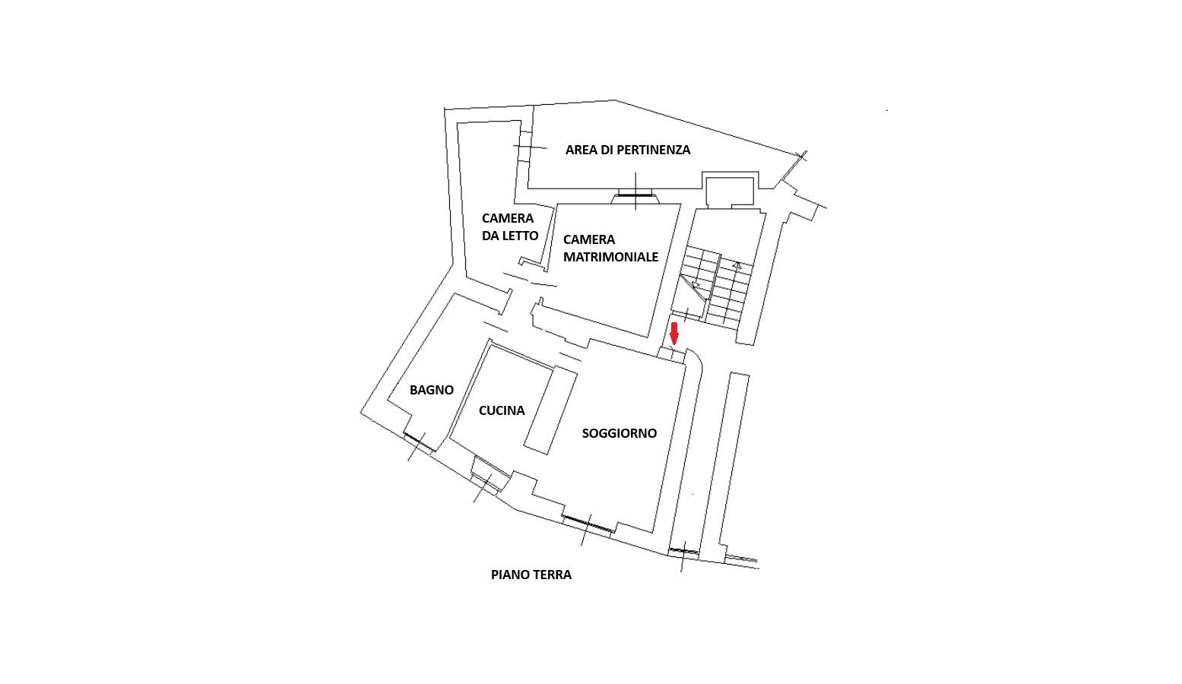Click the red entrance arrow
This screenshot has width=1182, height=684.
pos(673,334)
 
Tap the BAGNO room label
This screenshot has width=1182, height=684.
pos(432,390)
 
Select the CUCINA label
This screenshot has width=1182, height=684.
pos(502,410)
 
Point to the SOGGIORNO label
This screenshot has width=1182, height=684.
pos(620,433)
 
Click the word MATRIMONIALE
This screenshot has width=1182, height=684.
pos(610,257)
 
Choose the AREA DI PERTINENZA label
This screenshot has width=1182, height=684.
pos(628,150)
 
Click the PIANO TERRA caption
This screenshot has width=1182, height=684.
pos(531,575)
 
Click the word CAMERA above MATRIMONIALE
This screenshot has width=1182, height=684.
pos(589,239)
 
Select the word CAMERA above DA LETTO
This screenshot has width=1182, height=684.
pos(508,219)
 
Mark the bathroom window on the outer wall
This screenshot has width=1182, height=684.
pos(420,442)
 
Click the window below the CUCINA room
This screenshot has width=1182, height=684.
pos(485,483)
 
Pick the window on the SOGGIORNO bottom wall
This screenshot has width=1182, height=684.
pos(588,524)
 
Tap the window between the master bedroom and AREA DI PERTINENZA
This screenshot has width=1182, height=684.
pos(635,195)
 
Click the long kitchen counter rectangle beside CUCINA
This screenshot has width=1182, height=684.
pos(550,410)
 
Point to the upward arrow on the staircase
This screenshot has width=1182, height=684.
pos(737,265)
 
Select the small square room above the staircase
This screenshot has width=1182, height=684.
pos(730,192)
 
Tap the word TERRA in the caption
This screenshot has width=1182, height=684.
pos(553,575)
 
